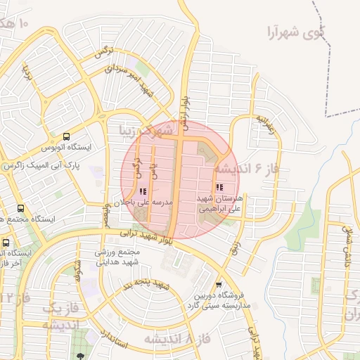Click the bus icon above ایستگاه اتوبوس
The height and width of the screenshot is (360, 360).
click(66, 136)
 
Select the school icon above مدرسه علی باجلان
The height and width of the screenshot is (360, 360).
click(143, 191)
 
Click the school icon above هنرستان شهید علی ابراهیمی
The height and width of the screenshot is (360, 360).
click(219, 188)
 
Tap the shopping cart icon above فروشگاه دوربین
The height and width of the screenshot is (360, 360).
click(219, 285)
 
